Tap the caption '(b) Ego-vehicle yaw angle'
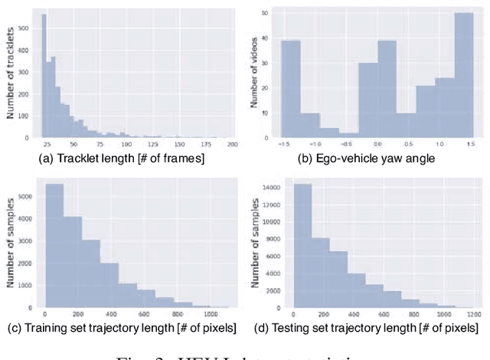tap(370, 159)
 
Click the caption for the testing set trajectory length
tap(369, 328)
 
